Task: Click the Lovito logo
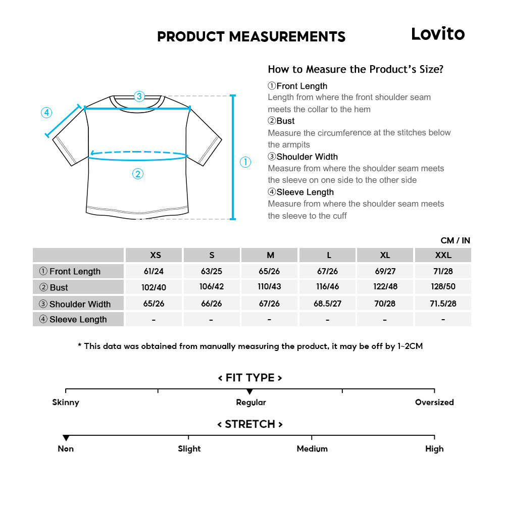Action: click(x=437, y=34)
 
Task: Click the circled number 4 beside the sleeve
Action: click(x=46, y=113)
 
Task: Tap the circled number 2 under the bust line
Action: click(x=138, y=174)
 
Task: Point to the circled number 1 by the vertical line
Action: click(x=245, y=162)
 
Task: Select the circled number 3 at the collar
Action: click(x=139, y=96)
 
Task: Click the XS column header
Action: click(x=155, y=255)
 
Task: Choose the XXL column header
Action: click(x=443, y=255)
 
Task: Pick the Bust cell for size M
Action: click(x=270, y=287)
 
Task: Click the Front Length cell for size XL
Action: click(x=385, y=271)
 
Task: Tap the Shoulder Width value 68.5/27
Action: click(x=328, y=304)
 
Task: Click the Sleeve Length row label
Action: click(x=78, y=319)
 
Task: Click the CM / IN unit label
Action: click(x=455, y=240)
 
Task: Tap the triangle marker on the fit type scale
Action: click(x=249, y=392)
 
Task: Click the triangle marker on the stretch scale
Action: click(x=66, y=438)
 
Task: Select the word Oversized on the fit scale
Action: click(x=434, y=402)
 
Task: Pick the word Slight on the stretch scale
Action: click(x=189, y=448)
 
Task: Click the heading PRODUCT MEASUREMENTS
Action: click(x=251, y=36)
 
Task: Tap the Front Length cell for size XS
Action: click(x=154, y=271)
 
